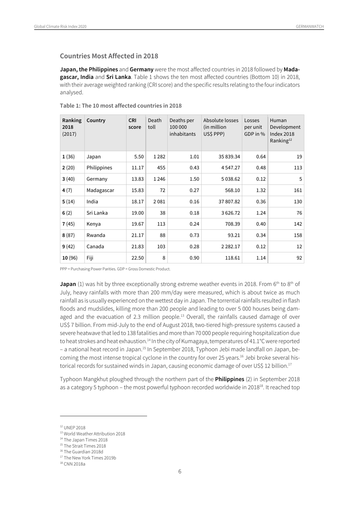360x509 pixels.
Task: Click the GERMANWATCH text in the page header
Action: pyautogui.click(x=310, y=27)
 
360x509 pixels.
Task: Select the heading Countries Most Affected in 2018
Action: pyautogui.click(x=109, y=56)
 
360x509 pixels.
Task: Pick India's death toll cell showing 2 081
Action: pyautogui.click(x=159, y=202)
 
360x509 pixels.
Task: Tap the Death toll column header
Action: pyautogui.click(x=155, y=124)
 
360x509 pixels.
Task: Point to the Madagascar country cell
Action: pyautogui.click(x=100, y=190)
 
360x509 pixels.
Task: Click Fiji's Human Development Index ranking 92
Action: pyautogui.click(x=299, y=258)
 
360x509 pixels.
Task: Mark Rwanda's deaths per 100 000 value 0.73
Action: pyautogui.click(x=194, y=235)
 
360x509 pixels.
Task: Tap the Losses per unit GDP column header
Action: pyautogui.click(x=254, y=127)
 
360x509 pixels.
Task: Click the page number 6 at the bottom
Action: pyautogui.click(x=180, y=471)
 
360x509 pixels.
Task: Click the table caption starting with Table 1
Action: pyautogui.click(x=121, y=106)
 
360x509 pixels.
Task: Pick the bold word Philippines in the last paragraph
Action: pyautogui.click(x=229, y=379)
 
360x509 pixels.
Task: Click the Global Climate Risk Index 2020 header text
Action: pyautogui.click(x=60, y=27)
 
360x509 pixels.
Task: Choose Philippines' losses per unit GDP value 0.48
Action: pyautogui.click(x=261, y=168)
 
